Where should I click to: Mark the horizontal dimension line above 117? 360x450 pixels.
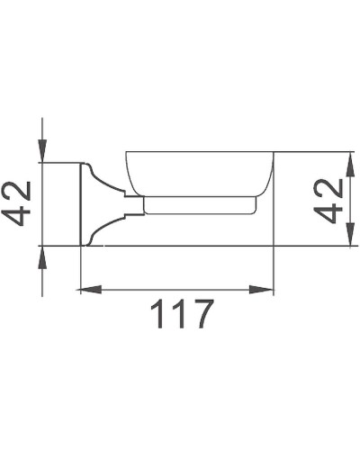pyautogui.click(x=176, y=290)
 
